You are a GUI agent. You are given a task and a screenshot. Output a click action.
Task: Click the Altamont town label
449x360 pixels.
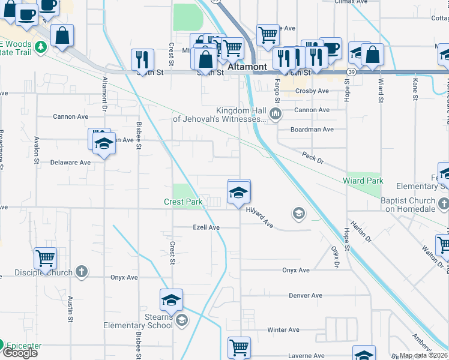[x=247, y=67]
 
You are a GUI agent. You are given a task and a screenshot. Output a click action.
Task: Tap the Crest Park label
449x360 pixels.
[x=183, y=202]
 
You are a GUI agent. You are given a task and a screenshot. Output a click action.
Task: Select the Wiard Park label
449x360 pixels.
[x=363, y=181]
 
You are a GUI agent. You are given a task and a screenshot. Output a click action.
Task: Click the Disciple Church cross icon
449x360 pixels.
[x=83, y=272]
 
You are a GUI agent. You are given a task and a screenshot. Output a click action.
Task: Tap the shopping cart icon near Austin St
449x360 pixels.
[x=45, y=258]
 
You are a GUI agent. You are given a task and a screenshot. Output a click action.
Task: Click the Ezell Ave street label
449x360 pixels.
[x=206, y=228]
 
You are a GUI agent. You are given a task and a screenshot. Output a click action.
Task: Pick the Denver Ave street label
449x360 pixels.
[x=306, y=296]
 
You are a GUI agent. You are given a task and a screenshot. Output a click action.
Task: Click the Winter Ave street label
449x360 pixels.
[x=283, y=330]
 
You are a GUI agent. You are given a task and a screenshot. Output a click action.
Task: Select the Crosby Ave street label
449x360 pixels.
[x=312, y=91]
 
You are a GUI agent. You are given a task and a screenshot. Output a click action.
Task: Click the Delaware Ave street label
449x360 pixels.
[x=70, y=163]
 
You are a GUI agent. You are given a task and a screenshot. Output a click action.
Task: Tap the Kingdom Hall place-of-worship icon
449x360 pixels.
[x=276, y=113]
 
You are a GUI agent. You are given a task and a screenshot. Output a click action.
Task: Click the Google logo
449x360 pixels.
[x=20, y=353]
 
